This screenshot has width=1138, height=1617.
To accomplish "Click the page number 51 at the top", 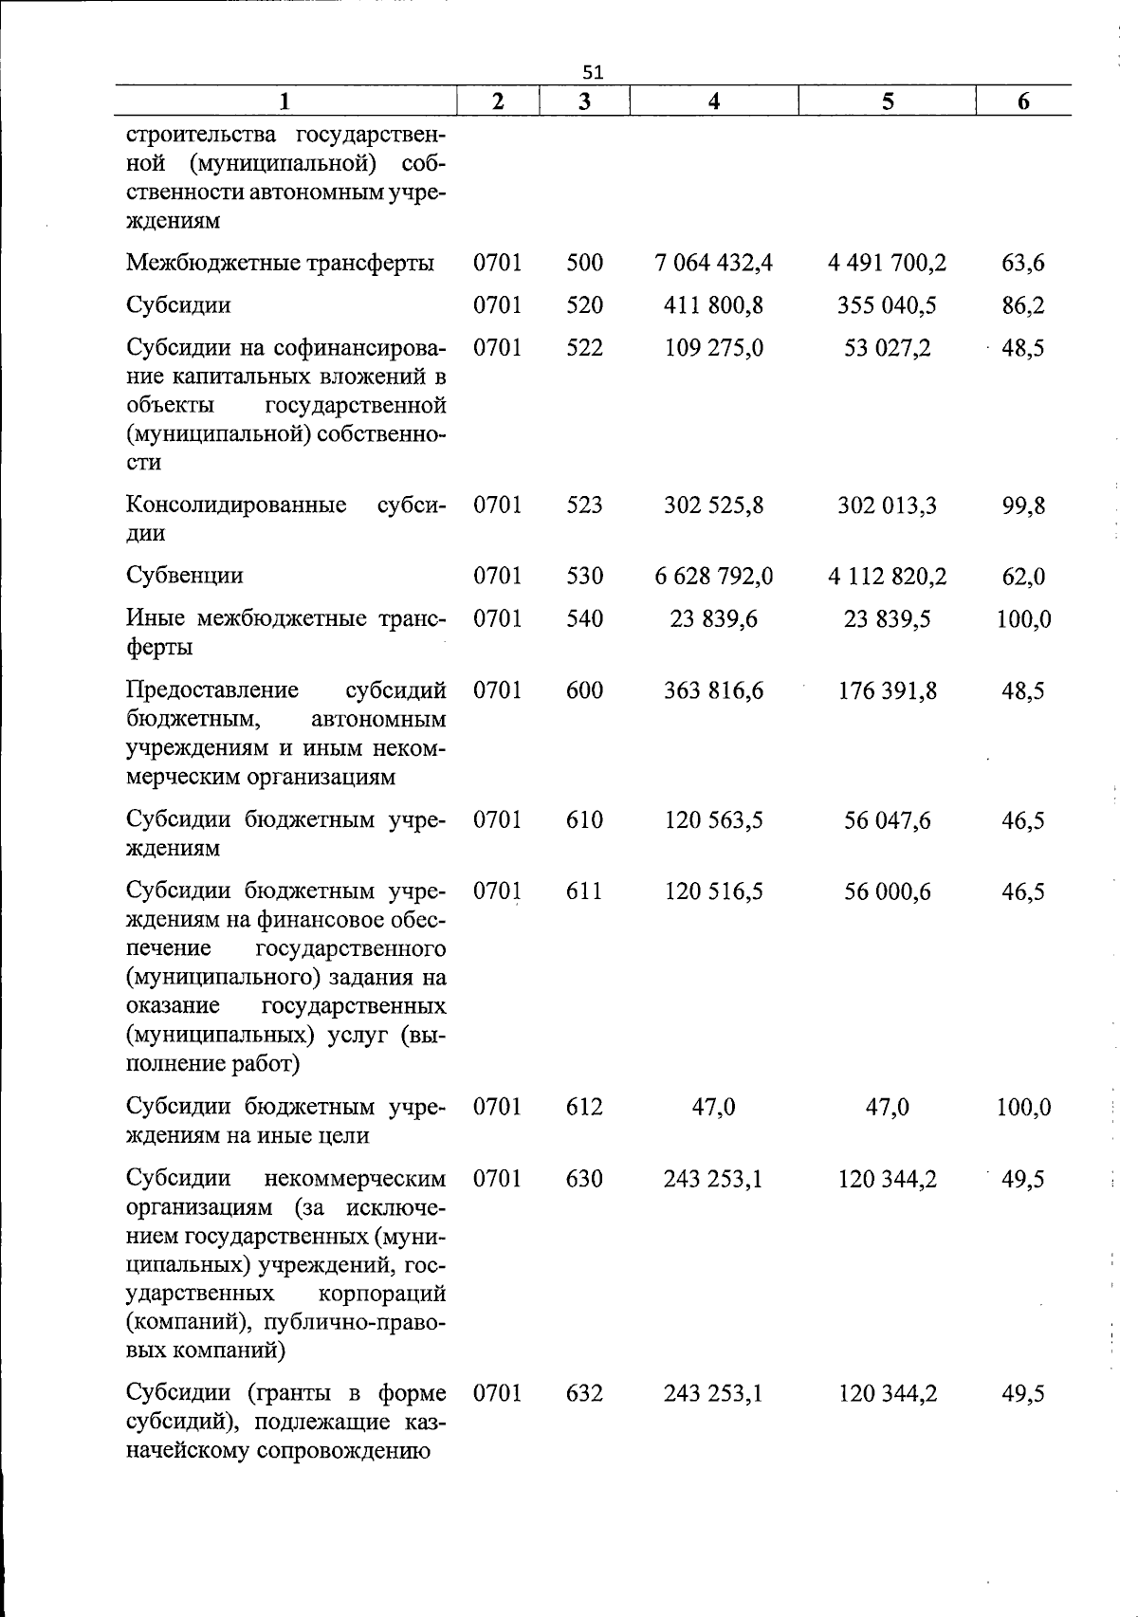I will pyautogui.click(x=593, y=73).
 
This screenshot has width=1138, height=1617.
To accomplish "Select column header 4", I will pyautogui.click(x=713, y=101).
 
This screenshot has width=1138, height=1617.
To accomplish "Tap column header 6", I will pyautogui.click(x=1023, y=101).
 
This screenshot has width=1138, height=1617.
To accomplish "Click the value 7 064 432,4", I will pyautogui.click(x=713, y=263).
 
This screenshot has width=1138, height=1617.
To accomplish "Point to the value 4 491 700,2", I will pyautogui.click(x=887, y=263).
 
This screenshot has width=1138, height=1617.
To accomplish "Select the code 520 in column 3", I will pyautogui.click(x=584, y=305).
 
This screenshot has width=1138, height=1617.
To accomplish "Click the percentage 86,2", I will pyautogui.click(x=1023, y=305).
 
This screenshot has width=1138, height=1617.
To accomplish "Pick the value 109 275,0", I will pyautogui.click(x=713, y=348).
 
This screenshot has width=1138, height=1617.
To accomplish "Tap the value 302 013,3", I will pyautogui.click(x=887, y=505).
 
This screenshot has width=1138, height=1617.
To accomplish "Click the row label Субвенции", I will pyautogui.click(x=185, y=576).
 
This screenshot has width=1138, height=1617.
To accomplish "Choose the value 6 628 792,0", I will pyautogui.click(x=713, y=576).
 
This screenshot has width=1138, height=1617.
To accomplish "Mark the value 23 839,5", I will pyautogui.click(x=887, y=619).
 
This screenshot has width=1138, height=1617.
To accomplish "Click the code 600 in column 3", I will pyautogui.click(x=584, y=690).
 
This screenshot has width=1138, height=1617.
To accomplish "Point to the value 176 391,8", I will pyautogui.click(x=887, y=690).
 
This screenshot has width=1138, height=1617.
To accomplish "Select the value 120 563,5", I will pyautogui.click(x=713, y=820).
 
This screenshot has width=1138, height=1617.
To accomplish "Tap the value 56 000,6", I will pyautogui.click(x=887, y=891).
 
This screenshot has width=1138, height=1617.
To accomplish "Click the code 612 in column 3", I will pyautogui.click(x=584, y=1107).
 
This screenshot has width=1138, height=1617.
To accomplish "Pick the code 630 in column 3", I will pyautogui.click(x=584, y=1179).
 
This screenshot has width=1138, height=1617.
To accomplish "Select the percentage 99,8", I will pyautogui.click(x=1023, y=505).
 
